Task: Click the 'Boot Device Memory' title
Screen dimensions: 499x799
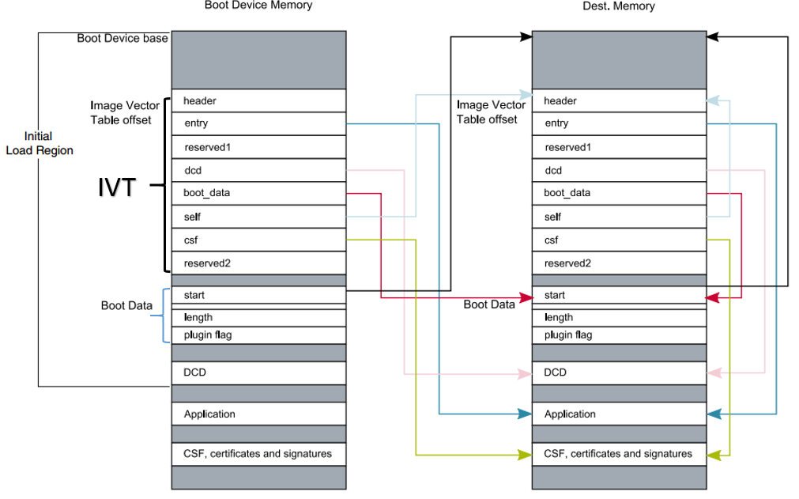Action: [258, 6]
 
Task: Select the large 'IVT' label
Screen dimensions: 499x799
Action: [117, 188]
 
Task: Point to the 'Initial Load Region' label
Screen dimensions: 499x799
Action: [39, 143]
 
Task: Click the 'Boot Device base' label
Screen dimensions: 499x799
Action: [122, 38]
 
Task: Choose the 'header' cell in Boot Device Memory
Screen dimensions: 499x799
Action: [258, 100]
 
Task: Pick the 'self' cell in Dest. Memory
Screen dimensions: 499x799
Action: [619, 217]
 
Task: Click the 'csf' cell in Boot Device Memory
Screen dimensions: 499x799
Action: [258, 240]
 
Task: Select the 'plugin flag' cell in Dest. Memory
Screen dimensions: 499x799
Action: [619, 335]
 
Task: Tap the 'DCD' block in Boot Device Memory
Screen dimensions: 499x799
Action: [258, 372]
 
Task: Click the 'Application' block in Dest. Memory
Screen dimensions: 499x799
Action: [619, 414]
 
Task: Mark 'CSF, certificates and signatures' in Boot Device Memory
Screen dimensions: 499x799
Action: [258, 454]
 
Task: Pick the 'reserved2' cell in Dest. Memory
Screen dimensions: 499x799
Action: [619, 263]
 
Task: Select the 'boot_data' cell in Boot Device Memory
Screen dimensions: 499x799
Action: [258, 193]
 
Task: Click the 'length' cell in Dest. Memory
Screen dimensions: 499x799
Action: [619, 317]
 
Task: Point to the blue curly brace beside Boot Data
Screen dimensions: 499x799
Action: [165, 316]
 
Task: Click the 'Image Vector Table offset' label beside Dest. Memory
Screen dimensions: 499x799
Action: [491, 112]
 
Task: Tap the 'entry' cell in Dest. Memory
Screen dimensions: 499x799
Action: [619, 123]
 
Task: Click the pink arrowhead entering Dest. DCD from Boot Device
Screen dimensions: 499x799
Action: [524, 373]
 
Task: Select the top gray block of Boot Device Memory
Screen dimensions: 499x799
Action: [258, 59]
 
